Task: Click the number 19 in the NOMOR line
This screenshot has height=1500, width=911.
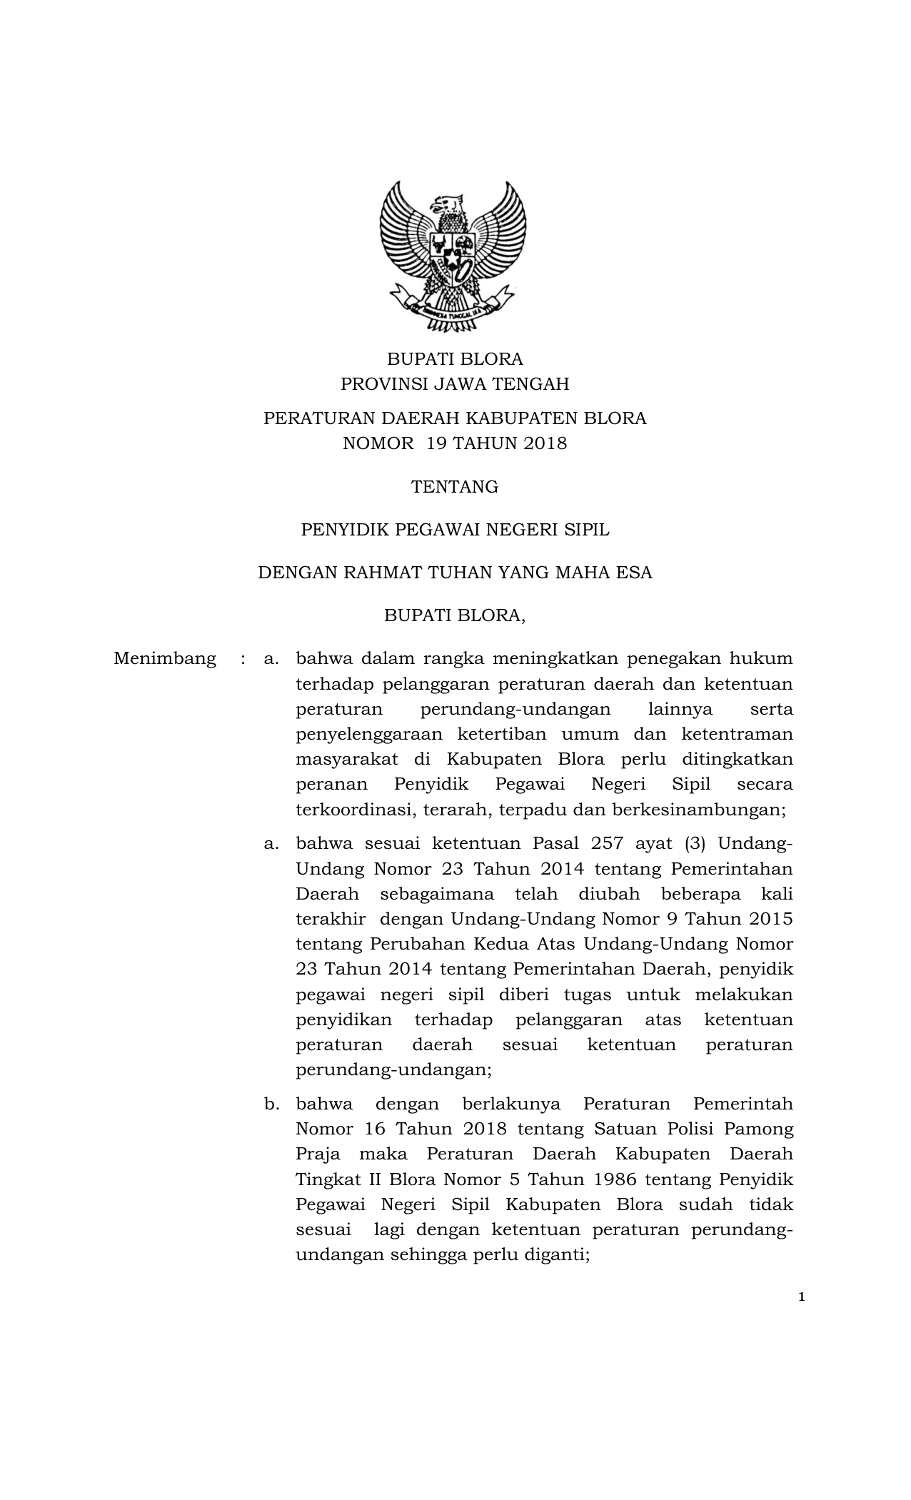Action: click(x=435, y=443)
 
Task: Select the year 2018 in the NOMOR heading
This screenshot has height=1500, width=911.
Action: click(x=545, y=443)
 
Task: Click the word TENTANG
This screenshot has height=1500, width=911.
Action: click(x=455, y=487)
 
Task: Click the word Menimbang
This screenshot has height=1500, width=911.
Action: click(x=165, y=658)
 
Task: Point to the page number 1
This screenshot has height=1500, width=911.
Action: click(x=802, y=1297)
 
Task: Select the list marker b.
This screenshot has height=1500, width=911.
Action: click(x=271, y=1104)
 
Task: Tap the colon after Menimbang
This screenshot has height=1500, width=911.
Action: click(x=243, y=658)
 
